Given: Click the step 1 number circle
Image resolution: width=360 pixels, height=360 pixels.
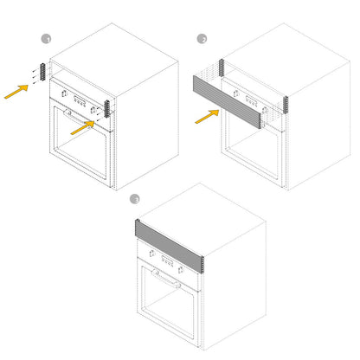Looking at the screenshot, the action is (46, 39).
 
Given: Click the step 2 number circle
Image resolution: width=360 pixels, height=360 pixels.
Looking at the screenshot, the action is (202, 39).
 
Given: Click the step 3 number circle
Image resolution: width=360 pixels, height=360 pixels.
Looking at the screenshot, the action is (134, 199).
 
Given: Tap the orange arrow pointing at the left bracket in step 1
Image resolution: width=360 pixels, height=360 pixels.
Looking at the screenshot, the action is (16, 92).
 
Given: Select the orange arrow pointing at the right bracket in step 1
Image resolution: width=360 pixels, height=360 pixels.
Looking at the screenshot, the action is (83, 127).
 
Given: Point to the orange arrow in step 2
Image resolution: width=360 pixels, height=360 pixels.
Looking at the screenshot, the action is (207, 117).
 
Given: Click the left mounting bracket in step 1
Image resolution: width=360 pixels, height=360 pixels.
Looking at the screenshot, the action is (42, 72).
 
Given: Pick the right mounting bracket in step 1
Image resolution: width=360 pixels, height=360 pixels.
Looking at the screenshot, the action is (107, 109).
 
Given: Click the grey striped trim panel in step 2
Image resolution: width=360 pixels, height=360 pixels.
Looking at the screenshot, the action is (228, 102).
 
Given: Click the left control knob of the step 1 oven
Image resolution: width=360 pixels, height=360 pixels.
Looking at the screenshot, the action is (65, 93).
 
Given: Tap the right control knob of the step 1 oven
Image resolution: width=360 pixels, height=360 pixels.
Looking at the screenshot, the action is (93, 109).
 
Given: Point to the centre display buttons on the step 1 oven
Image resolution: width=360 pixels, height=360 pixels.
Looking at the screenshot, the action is (80, 101).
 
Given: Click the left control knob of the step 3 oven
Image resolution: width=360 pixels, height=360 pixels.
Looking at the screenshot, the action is (152, 254).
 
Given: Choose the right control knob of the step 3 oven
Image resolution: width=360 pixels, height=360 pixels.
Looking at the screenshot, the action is (181, 270).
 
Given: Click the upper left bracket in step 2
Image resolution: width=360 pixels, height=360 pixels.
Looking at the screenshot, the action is (222, 67).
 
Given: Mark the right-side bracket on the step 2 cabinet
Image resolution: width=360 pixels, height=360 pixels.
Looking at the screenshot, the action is (286, 104).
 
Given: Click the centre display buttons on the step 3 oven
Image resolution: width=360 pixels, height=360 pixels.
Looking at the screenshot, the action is (168, 261).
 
